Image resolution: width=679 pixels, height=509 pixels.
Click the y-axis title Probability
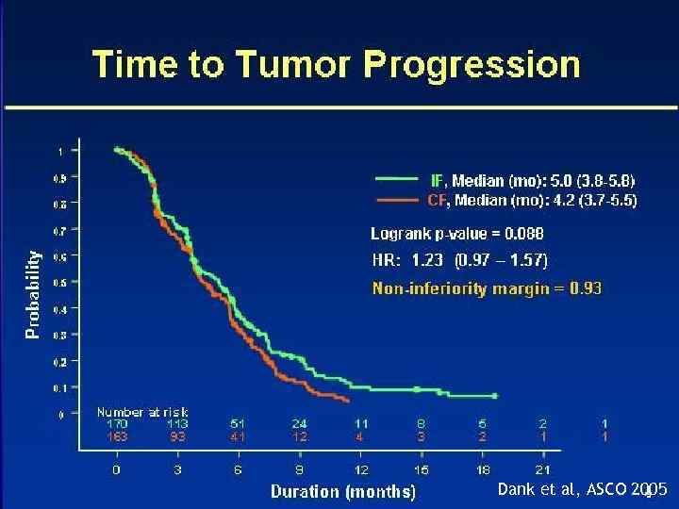click(x=33, y=293)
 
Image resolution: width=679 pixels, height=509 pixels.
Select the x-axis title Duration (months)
click(x=342, y=491)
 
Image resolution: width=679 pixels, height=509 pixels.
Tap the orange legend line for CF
click(x=395, y=200)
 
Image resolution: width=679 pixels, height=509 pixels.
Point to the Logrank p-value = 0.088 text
click(x=456, y=234)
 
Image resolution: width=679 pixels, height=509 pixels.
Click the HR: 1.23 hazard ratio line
click(x=458, y=260)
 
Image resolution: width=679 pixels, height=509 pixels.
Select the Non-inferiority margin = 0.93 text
click(x=487, y=288)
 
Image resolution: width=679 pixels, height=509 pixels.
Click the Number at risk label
click(x=142, y=412)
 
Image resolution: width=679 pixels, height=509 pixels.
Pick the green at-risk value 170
click(x=117, y=424)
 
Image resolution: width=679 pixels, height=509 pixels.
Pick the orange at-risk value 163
click(x=117, y=437)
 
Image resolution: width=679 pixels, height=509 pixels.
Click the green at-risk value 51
click(x=240, y=424)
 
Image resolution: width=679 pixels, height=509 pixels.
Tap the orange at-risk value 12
click(x=299, y=437)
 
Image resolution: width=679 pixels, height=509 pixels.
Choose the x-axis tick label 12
click(x=360, y=468)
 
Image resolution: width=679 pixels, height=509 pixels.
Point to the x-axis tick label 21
click(x=543, y=468)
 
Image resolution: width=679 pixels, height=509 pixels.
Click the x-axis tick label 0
click(x=116, y=468)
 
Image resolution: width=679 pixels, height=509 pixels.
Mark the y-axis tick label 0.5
click(x=60, y=282)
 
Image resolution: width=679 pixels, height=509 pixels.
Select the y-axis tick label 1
click(x=62, y=150)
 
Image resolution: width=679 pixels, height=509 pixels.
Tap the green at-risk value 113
click(x=177, y=424)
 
